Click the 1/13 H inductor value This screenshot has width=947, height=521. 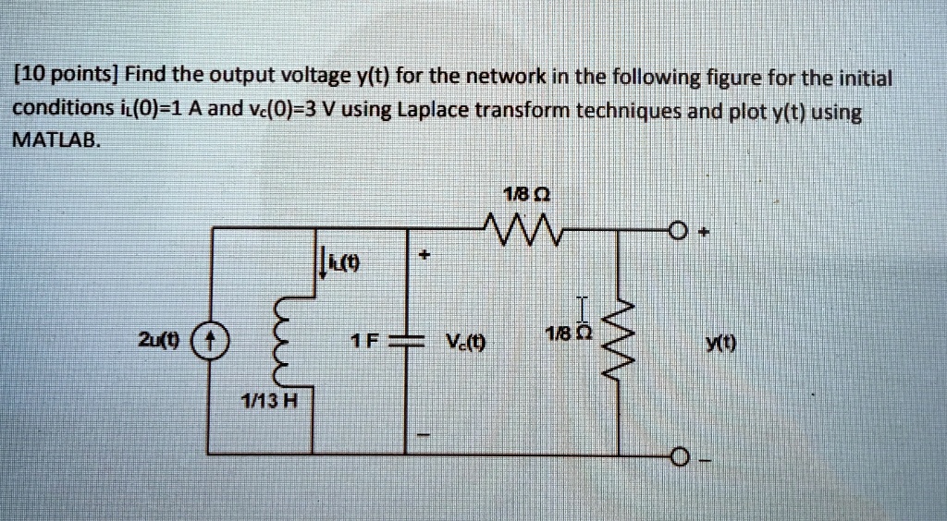coord(268,402)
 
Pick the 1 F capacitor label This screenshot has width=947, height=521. coord(366,340)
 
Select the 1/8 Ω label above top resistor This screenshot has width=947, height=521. coord(518,195)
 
